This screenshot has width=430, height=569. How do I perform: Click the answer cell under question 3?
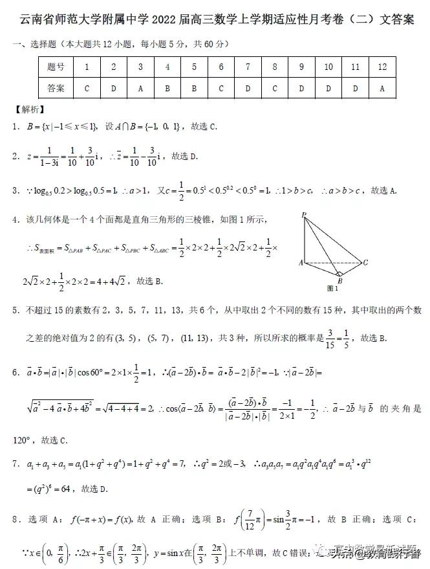(140, 88)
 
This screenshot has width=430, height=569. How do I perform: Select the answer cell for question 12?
(382, 88)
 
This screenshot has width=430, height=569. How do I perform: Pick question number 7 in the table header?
(248, 67)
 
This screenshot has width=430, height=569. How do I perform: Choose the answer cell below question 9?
(301, 88)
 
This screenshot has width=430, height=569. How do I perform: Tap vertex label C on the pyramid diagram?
(365, 262)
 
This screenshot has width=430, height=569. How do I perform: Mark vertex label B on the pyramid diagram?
(340, 282)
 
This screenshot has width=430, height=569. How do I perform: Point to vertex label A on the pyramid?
(301, 263)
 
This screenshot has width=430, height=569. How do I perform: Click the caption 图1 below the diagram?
(333, 289)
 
